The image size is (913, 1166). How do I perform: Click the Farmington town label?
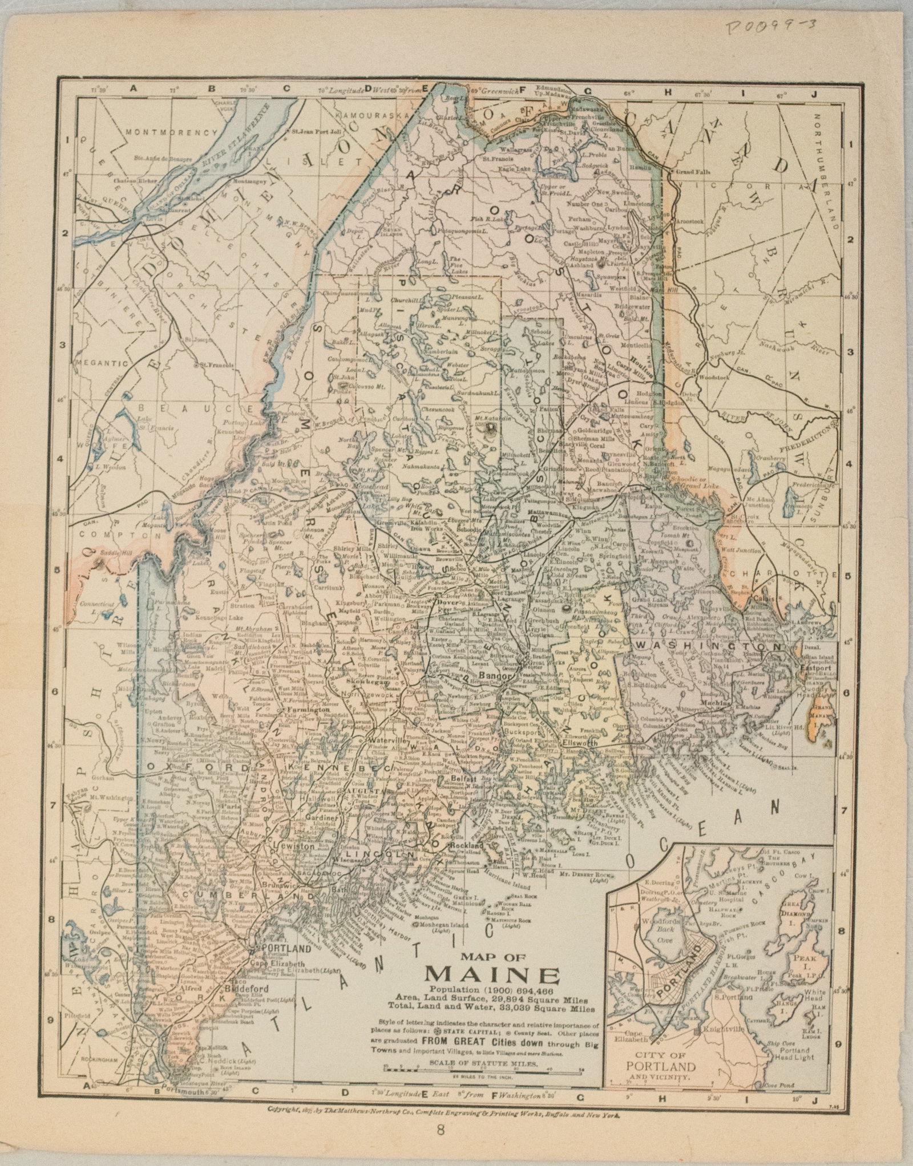[298, 710]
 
